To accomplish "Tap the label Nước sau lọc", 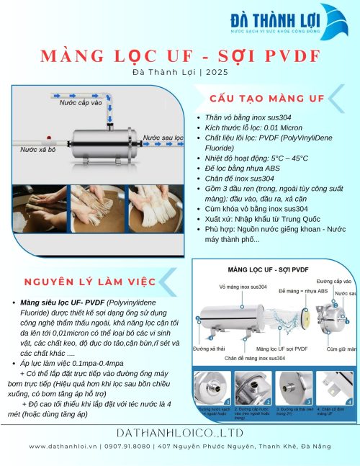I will coord(162,137).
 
